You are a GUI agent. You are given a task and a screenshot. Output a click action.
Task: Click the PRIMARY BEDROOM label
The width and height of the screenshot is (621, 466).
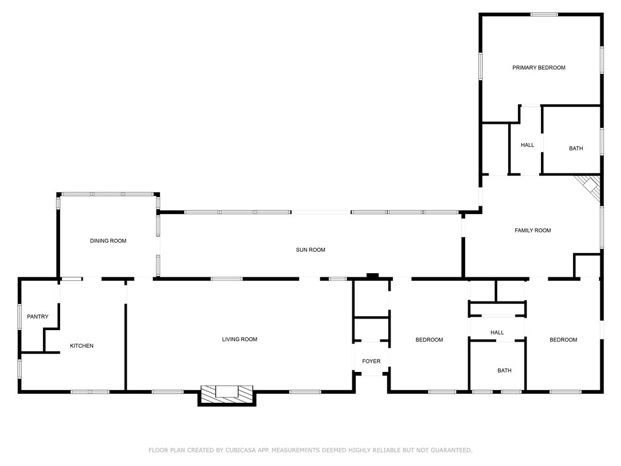(x=539, y=67)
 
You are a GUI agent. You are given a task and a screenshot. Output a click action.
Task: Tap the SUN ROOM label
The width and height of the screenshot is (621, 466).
(x=310, y=249)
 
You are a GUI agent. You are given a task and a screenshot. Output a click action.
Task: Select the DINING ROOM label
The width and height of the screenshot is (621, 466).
(x=108, y=241)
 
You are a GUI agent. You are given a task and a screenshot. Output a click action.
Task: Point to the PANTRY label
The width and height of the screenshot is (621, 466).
(x=38, y=317)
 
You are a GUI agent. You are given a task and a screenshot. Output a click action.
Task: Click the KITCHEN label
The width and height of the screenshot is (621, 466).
(x=82, y=346)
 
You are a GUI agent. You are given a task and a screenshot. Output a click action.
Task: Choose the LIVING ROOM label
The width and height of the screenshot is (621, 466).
(x=240, y=339)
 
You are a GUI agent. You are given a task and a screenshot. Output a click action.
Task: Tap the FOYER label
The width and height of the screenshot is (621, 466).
(x=371, y=361)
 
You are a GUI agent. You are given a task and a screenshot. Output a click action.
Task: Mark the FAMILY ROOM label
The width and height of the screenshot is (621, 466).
(x=532, y=230)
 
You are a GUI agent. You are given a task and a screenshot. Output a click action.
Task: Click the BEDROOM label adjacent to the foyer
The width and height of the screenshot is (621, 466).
(x=429, y=340)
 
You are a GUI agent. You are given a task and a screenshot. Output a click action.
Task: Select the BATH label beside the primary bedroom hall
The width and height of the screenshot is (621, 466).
(x=576, y=148)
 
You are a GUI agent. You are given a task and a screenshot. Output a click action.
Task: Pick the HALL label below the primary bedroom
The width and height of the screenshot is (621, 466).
(x=527, y=145)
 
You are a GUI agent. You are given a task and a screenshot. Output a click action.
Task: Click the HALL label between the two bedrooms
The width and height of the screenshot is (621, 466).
(x=497, y=333)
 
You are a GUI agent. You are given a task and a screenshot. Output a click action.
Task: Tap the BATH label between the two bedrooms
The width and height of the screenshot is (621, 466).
(x=504, y=370)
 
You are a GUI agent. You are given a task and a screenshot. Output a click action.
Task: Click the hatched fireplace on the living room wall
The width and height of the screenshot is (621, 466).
(x=227, y=393)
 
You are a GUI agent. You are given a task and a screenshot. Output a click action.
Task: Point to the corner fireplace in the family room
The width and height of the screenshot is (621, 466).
(x=589, y=186)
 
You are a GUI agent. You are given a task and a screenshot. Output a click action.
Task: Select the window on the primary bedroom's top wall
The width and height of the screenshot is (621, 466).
(x=544, y=15)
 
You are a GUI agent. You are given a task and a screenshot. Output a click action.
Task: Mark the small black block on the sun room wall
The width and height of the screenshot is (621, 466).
(x=372, y=276)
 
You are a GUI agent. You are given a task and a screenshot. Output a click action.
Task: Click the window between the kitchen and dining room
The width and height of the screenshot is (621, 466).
(x=72, y=279)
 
